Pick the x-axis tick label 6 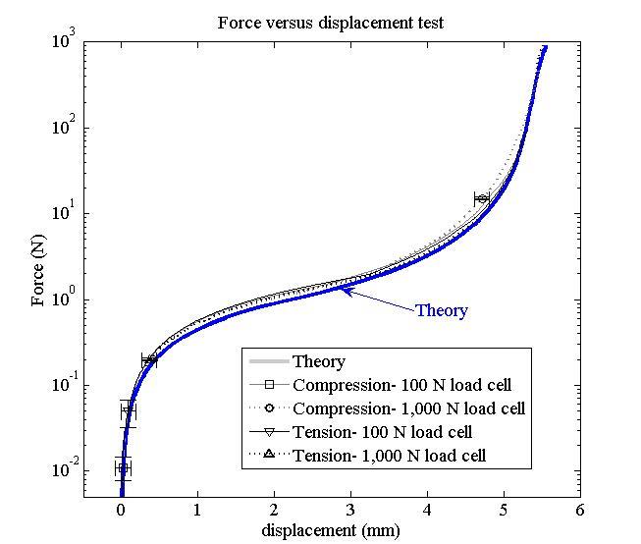580,511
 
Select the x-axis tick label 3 350,511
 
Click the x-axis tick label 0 121,511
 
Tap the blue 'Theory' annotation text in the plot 441,311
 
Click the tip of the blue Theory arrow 341,288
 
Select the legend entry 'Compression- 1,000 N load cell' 408,408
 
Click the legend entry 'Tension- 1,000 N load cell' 389,456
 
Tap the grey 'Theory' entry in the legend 319,361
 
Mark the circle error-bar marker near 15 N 481,199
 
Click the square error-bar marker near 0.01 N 122,468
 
